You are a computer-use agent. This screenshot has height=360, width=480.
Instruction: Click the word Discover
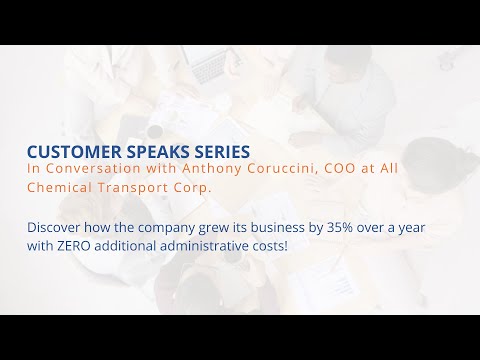click(55, 227)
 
